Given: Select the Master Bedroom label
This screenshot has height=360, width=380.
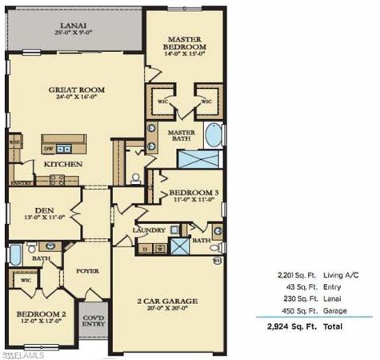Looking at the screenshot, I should (187, 43).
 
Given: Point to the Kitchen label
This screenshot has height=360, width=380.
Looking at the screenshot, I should (63, 164).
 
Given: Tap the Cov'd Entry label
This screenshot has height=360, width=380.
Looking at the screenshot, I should (94, 321).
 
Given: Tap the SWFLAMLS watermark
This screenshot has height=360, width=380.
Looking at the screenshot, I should (25, 352).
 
